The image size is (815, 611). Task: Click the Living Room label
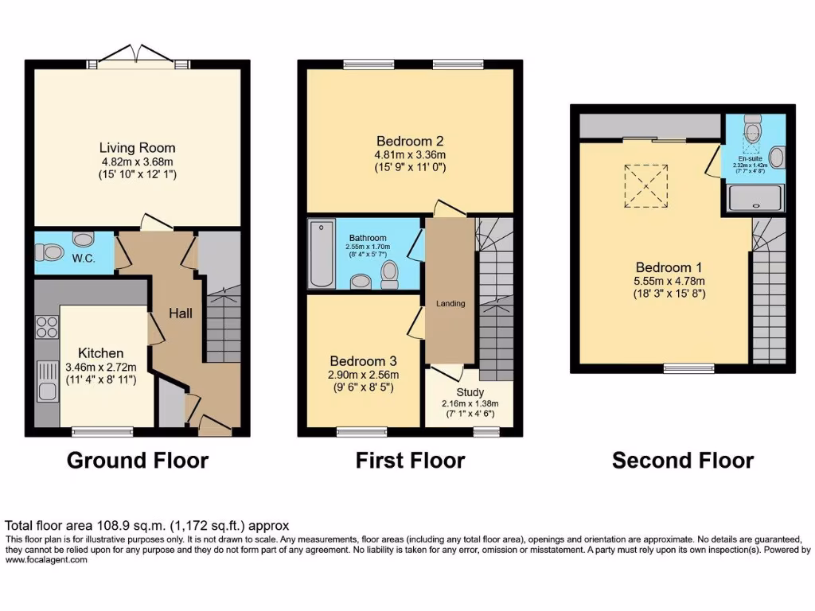(137, 148)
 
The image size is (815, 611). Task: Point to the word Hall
(180, 313)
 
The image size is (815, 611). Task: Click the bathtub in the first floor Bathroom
(320, 255)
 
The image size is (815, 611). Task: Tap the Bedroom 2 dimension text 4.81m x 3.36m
(410, 154)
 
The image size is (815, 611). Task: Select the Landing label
(450, 303)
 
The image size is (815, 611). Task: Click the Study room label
(470, 392)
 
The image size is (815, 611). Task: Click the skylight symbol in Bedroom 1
(645, 185)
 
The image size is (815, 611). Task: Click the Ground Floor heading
(137, 461)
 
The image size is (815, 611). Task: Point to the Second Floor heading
(682, 461)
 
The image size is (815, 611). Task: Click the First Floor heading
(410, 461)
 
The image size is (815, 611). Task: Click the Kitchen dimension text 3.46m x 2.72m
(100, 368)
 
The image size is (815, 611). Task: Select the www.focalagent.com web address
(46, 560)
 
